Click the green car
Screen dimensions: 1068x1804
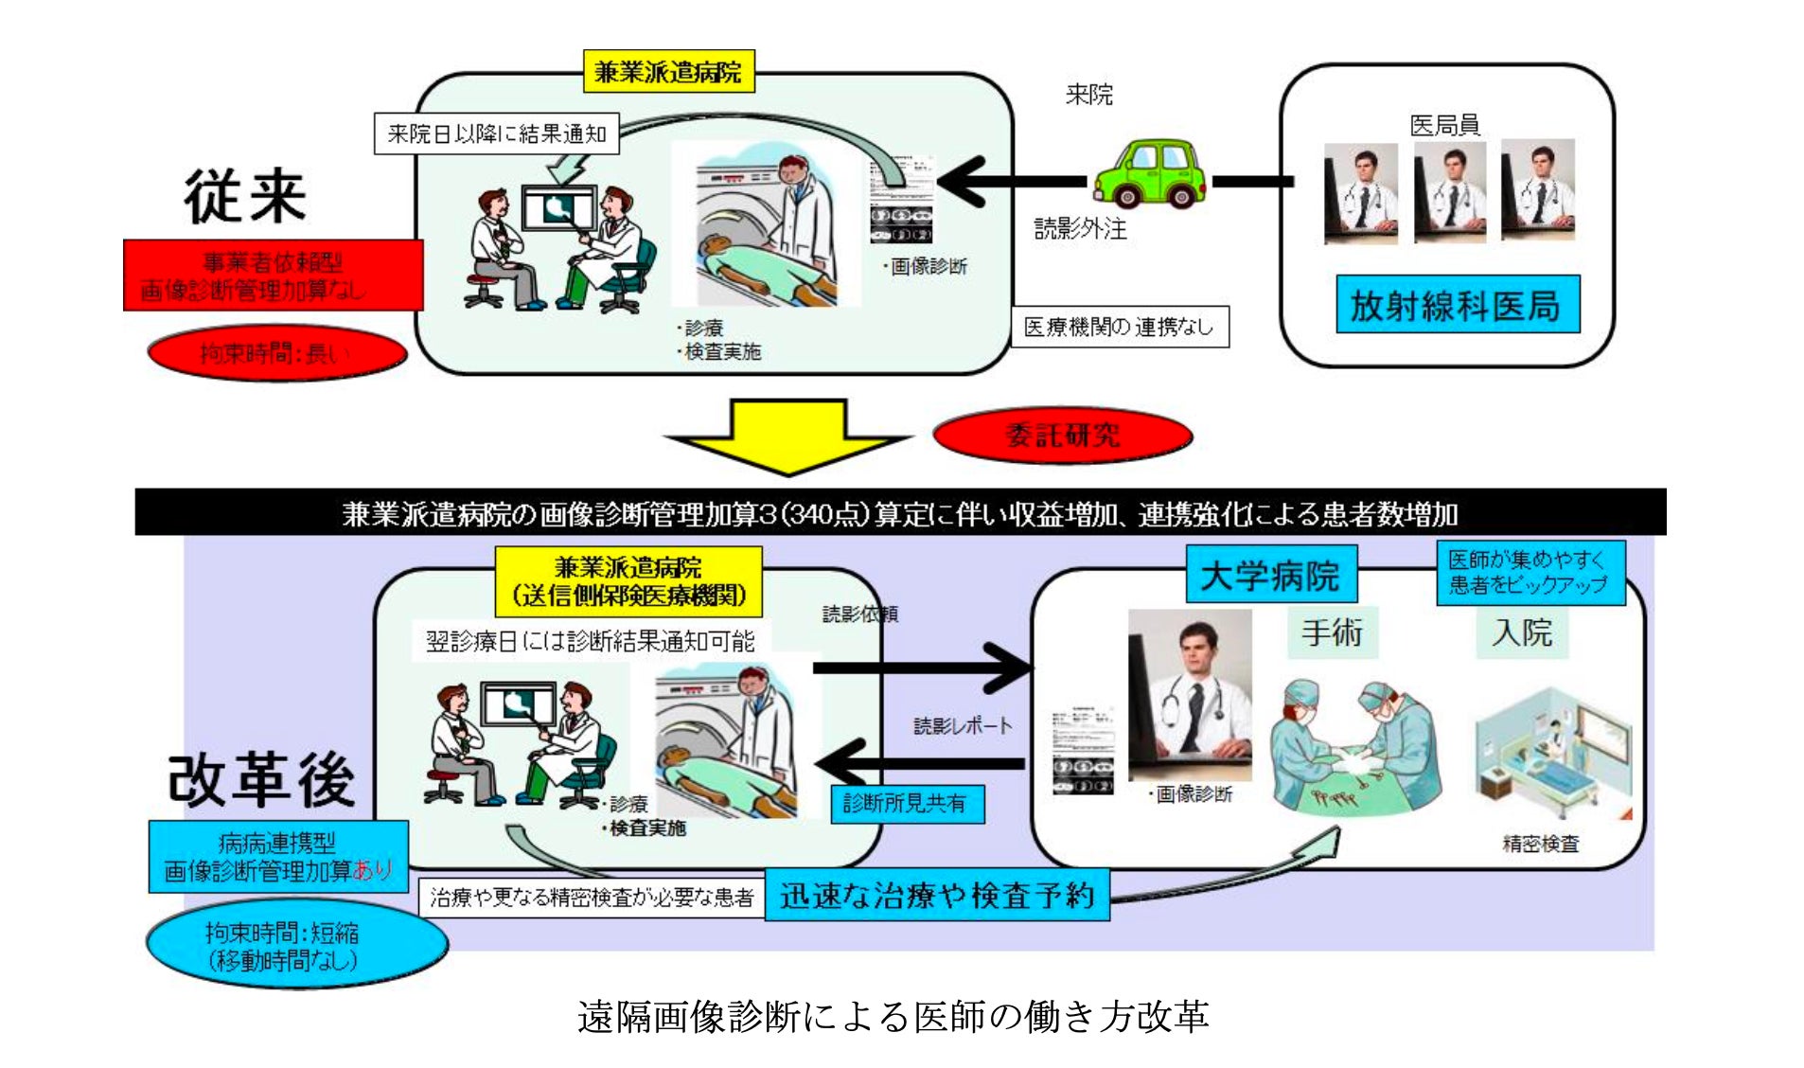click(1150, 174)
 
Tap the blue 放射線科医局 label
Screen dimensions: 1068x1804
click(1457, 305)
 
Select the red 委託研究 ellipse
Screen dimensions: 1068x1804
click(1062, 436)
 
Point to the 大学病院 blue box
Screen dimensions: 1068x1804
click(1270, 575)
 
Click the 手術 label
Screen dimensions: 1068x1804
click(1332, 632)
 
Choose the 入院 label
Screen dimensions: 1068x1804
click(1522, 632)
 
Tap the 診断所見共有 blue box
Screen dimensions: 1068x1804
click(906, 804)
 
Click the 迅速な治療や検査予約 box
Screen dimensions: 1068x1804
click(937, 895)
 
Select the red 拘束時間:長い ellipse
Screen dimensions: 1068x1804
click(276, 353)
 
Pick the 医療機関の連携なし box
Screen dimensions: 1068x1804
click(1119, 327)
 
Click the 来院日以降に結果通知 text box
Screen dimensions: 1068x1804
click(496, 133)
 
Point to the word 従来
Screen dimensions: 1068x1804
click(245, 197)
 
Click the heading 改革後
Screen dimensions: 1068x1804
click(261, 780)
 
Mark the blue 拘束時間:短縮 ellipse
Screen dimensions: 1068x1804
click(295, 946)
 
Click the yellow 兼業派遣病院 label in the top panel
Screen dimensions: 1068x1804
click(668, 72)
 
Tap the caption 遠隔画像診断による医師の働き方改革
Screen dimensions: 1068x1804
click(893, 1017)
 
